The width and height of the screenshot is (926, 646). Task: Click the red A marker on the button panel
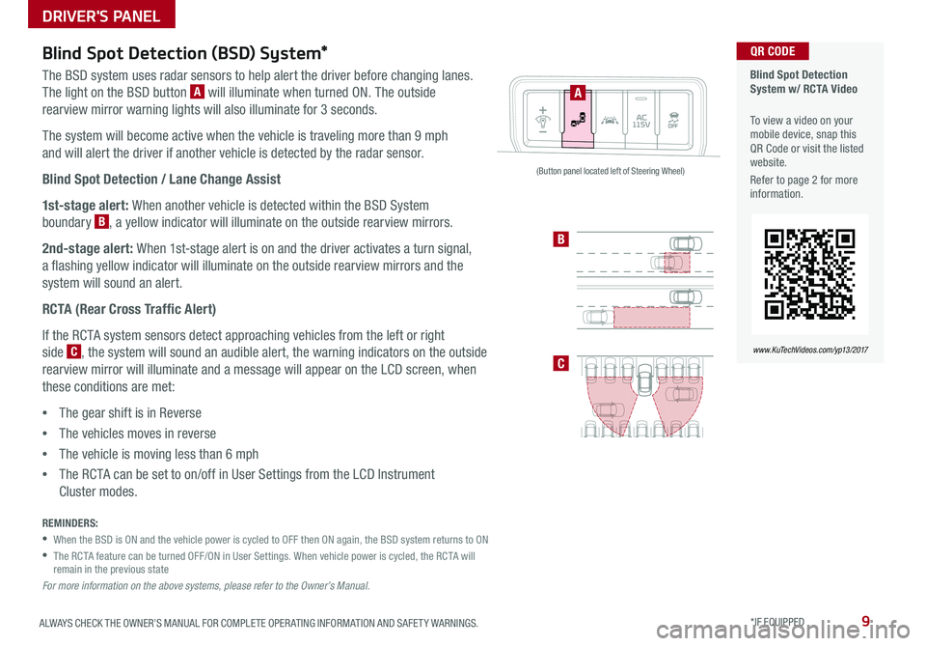click(577, 93)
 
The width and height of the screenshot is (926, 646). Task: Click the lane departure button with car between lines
click(610, 122)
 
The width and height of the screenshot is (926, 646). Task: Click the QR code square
click(809, 273)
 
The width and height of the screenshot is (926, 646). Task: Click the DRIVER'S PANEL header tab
click(88, 14)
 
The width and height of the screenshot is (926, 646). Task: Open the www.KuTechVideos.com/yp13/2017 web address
click(809, 346)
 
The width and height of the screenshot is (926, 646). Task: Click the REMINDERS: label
click(70, 522)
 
